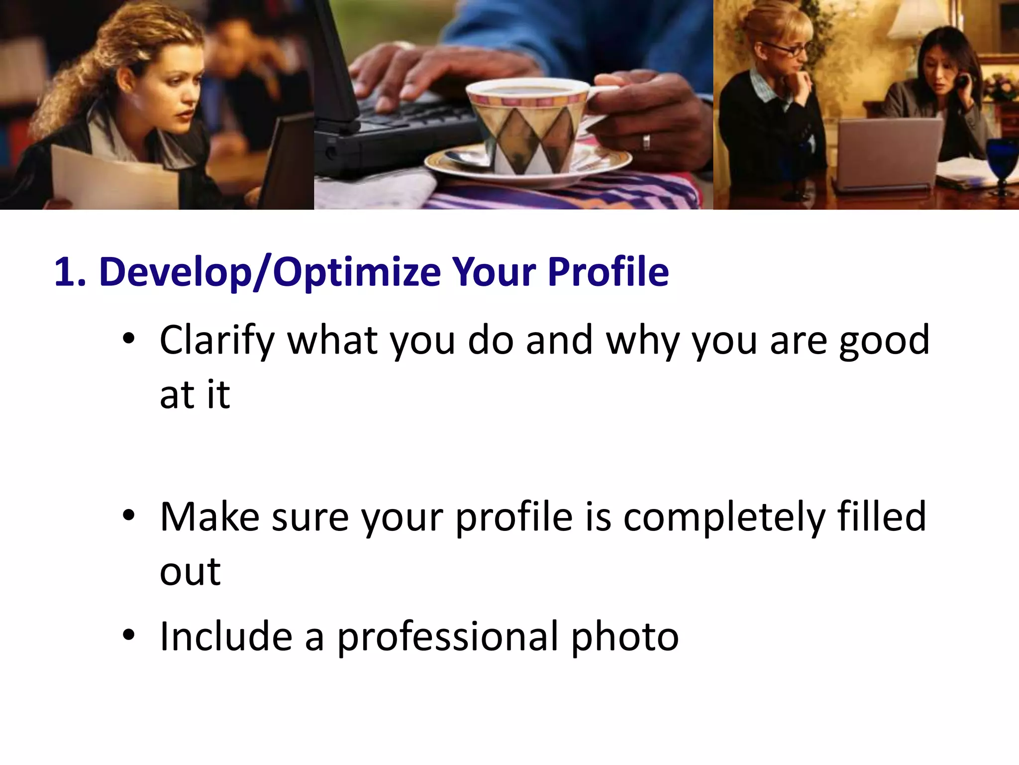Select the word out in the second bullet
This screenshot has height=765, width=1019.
[x=190, y=572]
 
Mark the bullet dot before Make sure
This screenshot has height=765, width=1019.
[x=128, y=516]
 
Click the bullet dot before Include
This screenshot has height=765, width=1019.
[x=128, y=636]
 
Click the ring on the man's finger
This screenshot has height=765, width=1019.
[x=646, y=142]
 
